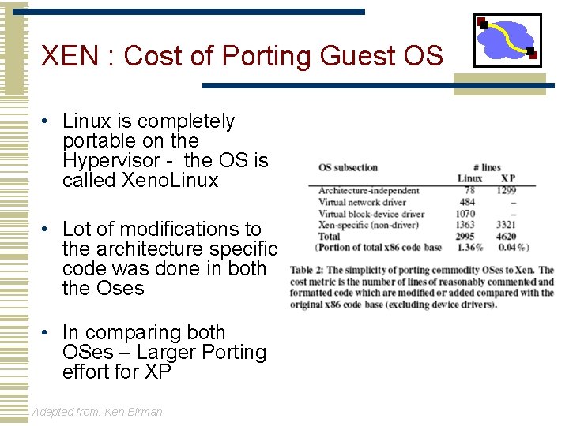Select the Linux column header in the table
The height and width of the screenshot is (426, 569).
[470, 178]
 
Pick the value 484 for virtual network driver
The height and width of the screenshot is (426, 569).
[467, 202]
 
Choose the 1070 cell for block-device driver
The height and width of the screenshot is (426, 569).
[465, 214]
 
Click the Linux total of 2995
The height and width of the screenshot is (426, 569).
[465, 236]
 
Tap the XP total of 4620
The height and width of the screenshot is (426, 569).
[506, 236]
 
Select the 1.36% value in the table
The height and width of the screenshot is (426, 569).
[470, 247]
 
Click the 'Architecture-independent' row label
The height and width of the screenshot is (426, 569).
[368, 191]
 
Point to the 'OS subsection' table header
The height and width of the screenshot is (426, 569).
[348, 167]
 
